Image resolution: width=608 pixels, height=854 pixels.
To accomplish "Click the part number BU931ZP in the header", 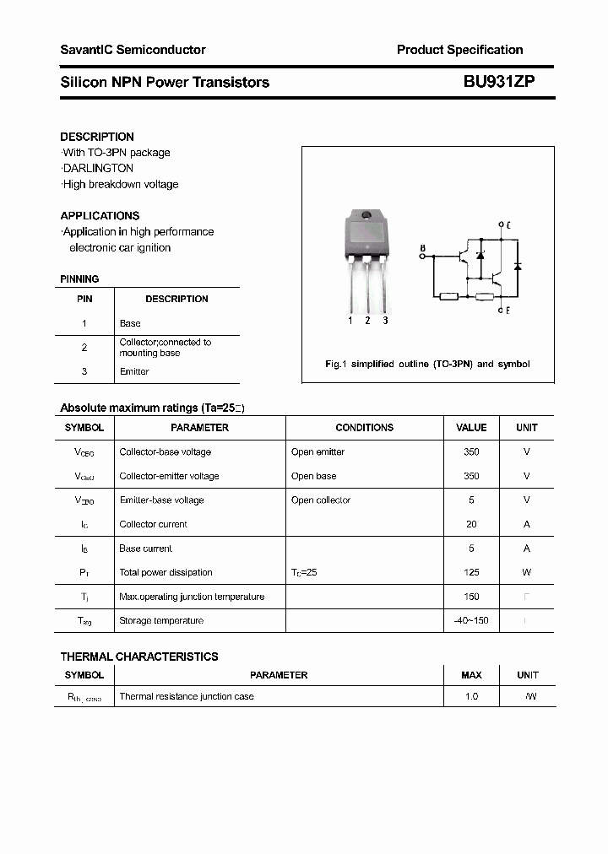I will (x=498, y=82).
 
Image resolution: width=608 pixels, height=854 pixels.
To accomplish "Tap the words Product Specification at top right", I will (x=459, y=50).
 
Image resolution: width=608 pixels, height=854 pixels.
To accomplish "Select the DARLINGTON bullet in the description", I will (x=98, y=168).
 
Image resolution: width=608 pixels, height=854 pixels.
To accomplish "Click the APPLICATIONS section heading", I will (x=100, y=215).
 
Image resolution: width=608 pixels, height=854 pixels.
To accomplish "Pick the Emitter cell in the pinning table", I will (x=134, y=371).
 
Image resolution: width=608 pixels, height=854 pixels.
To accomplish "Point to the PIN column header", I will (x=84, y=299).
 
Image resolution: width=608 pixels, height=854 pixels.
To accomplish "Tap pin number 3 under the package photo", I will (x=385, y=320).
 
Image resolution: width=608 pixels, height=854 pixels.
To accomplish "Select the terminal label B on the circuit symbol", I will (x=422, y=248).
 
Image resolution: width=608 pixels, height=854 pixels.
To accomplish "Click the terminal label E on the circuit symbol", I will (x=507, y=311).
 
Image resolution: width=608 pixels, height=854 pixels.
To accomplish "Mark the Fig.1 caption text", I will (x=427, y=364).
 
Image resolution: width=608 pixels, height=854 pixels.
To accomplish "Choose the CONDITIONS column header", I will (x=364, y=428).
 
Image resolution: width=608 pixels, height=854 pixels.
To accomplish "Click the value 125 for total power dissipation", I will (x=471, y=572).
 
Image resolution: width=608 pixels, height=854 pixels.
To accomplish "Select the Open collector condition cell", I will (x=320, y=500).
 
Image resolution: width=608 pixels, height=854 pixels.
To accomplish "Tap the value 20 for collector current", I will (x=471, y=524).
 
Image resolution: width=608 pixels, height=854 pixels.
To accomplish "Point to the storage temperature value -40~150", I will (x=471, y=620).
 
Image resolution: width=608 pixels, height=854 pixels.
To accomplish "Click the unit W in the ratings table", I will (x=526, y=572).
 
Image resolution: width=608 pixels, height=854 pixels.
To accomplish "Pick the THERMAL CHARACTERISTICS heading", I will (x=139, y=657).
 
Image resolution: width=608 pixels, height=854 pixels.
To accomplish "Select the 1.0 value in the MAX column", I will (x=471, y=696).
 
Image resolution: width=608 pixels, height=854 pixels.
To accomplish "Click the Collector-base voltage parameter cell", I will (x=165, y=451).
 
